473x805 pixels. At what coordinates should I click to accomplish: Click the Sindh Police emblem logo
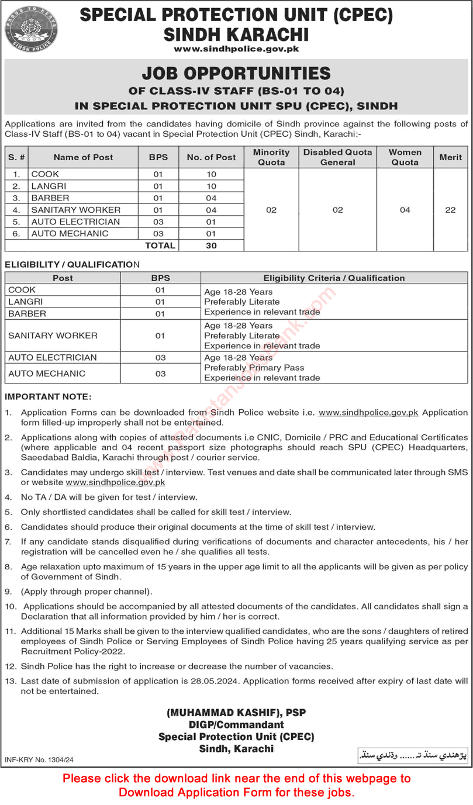point(24,27)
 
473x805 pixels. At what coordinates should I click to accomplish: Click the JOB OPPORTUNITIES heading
point(236,74)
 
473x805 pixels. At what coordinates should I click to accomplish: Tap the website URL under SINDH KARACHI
point(236,50)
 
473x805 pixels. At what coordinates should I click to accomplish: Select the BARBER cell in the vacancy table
point(50,198)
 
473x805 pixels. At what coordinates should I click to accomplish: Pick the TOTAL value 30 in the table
point(211,246)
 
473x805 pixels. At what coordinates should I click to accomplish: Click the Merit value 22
point(450,210)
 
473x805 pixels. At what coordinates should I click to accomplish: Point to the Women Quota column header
point(405,157)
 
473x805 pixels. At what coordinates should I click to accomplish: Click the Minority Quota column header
point(271,157)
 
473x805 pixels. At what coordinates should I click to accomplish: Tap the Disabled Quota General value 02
point(337,210)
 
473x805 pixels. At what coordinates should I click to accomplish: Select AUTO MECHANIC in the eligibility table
point(47,374)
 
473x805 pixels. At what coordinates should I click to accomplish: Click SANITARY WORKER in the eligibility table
point(53,336)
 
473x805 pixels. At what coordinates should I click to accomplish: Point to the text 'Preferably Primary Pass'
point(254,368)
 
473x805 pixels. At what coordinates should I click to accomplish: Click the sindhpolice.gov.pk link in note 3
point(116,482)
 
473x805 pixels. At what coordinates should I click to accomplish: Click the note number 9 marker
point(8,590)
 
